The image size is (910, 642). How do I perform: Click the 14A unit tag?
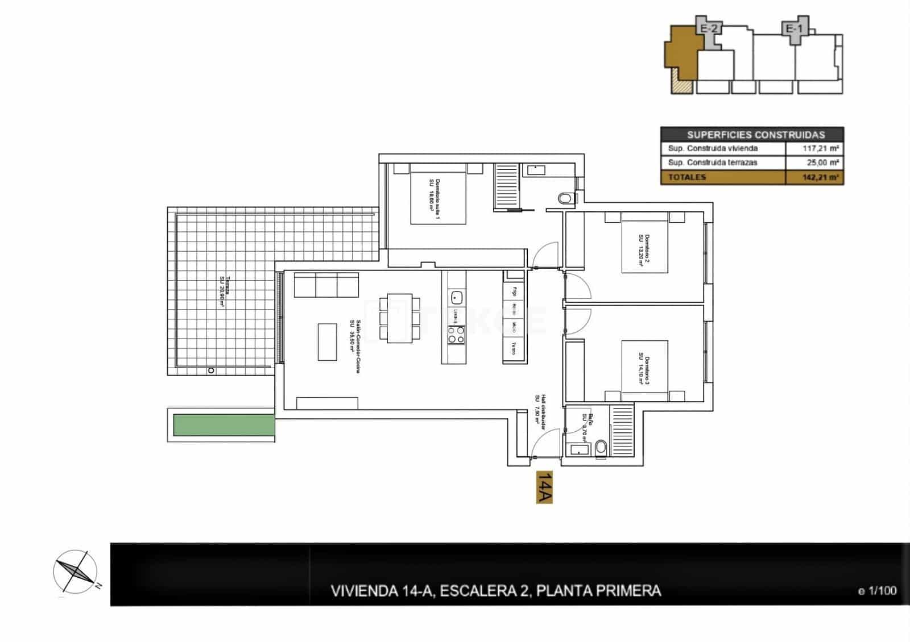(544, 487)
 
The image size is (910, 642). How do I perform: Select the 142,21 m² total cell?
(814, 177)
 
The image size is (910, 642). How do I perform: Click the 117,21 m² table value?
(814, 149)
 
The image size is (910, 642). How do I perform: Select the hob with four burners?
(456, 334)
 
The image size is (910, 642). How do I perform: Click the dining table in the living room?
(400, 318)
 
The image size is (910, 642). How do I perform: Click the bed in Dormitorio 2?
(645, 243)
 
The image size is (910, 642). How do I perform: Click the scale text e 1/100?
(877, 591)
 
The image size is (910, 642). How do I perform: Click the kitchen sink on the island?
(456, 297)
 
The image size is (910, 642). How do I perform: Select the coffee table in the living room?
(327, 341)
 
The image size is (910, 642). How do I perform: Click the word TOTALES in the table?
(687, 177)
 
